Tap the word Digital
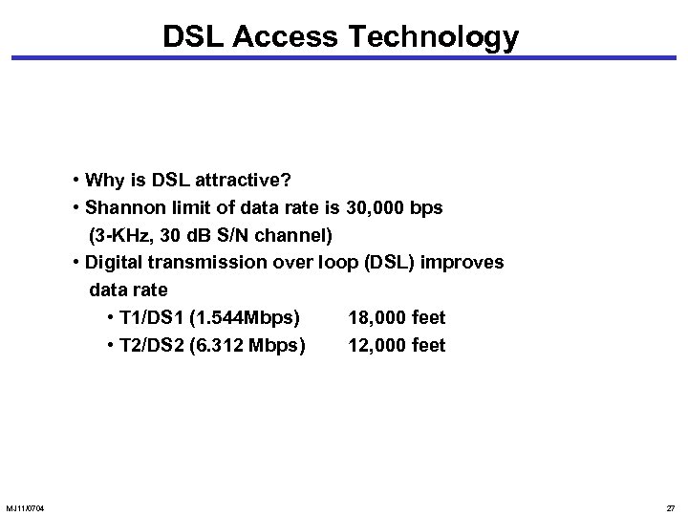pyautogui.click(x=116, y=262)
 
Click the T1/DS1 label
pyautogui.click(x=149, y=317)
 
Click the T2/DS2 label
pyautogui.click(x=149, y=345)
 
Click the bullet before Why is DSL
pyautogui.click(x=75, y=181)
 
